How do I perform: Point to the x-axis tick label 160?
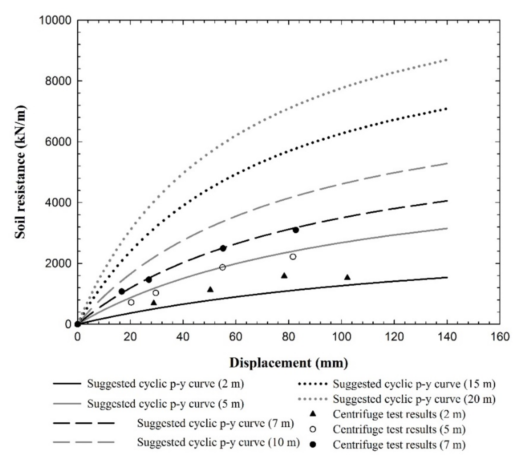tap(499, 337)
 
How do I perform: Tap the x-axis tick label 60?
tap(236, 337)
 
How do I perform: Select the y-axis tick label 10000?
tap(55, 20)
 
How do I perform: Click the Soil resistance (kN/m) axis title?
tap(20, 172)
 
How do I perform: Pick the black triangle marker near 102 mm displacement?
tap(347, 277)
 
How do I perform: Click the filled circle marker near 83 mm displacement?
tap(296, 230)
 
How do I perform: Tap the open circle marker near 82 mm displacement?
tap(293, 256)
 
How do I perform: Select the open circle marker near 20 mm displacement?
tap(131, 302)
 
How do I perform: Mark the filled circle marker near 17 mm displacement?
tap(122, 292)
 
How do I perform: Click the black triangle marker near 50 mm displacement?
tap(210, 289)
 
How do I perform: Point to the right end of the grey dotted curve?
tap(447, 59)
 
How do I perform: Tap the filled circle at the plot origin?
tap(78, 324)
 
